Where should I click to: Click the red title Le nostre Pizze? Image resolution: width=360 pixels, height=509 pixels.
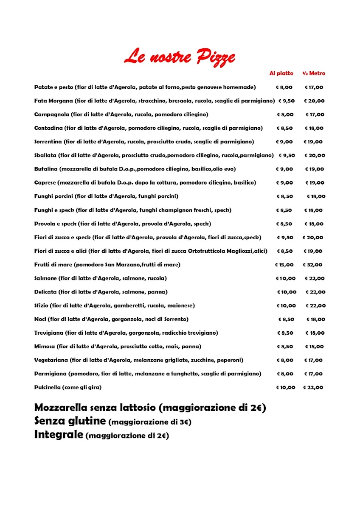179,57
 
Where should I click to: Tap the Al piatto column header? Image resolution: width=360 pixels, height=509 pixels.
281,73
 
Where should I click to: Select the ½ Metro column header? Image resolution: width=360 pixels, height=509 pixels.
314,73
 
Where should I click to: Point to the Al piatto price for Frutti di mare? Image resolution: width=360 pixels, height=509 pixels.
284,265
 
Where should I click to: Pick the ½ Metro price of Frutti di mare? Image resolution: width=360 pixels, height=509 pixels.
312,265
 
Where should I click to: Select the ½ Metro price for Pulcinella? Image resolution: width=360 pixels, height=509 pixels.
313,387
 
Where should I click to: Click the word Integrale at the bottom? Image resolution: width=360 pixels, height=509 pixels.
59,435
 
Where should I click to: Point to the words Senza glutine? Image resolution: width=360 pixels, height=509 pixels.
70,421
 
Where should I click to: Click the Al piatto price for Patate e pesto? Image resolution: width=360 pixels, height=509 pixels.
284,87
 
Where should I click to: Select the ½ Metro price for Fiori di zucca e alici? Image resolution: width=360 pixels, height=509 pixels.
313,251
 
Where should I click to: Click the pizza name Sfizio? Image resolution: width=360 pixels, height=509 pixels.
41,305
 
